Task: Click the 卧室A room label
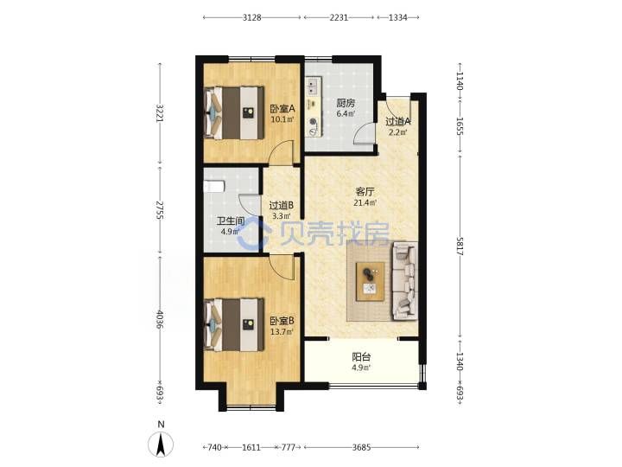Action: click(x=282, y=108)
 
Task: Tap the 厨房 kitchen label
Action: click(x=346, y=103)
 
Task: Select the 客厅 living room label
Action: click(x=365, y=192)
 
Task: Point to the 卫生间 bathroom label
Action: click(x=230, y=221)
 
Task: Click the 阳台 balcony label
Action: click(x=361, y=356)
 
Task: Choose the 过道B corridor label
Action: click(x=282, y=205)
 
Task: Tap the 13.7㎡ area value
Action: click(x=282, y=331)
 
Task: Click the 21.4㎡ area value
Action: click(x=365, y=203)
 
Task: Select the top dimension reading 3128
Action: click(x=252, y=17)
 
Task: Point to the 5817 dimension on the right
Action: click(x=460, y=246)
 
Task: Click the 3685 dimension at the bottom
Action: click(x=361, y=448)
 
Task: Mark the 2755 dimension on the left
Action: click(x=160, y=210)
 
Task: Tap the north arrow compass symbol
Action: click(x=161, y=444)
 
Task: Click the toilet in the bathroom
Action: click(x=214, y=186)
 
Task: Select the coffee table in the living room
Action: click(x=370, y=282)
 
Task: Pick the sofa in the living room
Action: click(x=405, y=281)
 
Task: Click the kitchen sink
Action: click(x=313, y=86)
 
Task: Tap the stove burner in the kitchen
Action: click(x=314, y=122)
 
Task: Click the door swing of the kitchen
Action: click(x=365, y=134)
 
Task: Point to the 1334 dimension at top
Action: click(x=398, y=17)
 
